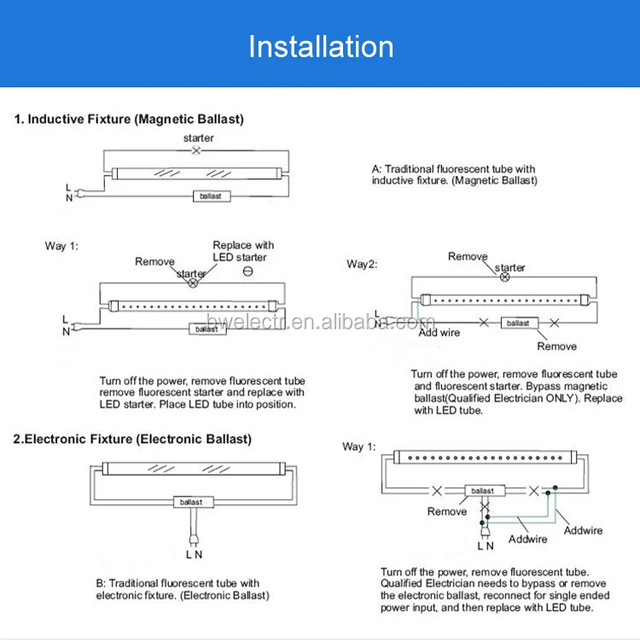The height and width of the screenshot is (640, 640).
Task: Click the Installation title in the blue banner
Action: (321, 46)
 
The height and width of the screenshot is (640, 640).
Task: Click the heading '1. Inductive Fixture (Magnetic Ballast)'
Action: (129, 119)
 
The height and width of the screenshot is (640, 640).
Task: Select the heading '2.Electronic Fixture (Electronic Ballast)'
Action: (132, 439)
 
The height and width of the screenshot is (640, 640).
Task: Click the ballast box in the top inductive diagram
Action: (211, 195)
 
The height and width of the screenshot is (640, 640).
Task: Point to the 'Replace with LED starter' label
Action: (242, 251)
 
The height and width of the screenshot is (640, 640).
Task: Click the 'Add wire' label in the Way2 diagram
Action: (439, 332)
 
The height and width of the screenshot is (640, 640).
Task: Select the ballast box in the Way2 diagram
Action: (519, 323)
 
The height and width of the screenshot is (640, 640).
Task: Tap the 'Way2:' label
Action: (362, 264)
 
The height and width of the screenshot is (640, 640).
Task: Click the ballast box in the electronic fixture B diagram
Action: (190, 502)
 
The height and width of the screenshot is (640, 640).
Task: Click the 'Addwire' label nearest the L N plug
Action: (528, 539)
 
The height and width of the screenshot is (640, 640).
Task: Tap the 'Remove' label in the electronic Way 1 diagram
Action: (447, 511)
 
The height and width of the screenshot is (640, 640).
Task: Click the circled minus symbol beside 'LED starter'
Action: (247, 271)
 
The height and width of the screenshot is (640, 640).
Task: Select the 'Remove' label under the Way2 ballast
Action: (556, 346)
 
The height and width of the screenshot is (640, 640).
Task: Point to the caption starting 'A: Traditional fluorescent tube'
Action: (454, 175)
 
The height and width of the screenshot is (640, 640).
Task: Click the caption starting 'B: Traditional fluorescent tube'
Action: (183, 589)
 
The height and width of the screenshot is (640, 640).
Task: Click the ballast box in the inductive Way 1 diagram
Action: (207, 329)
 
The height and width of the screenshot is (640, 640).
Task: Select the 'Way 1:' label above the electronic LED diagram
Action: (358, 446)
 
